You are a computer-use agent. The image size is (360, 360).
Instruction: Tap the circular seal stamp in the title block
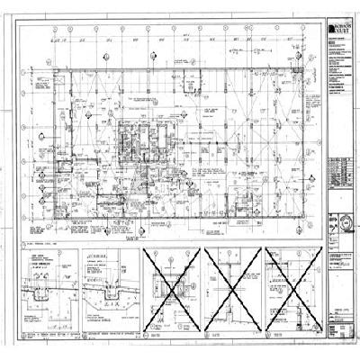coord(344,220)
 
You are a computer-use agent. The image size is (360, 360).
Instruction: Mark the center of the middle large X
coord(232,291)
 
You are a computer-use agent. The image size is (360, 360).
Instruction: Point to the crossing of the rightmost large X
coord(292,291)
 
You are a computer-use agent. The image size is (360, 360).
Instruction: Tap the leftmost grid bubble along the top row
coord(57,30)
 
